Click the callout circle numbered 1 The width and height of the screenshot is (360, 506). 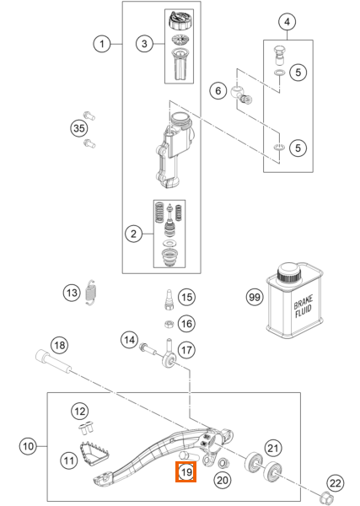[x=102, y=44]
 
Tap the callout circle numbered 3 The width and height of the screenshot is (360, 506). [x=144, y=44]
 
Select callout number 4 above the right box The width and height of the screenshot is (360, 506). [x=287, y=22]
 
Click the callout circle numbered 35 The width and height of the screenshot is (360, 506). [x=79, y=128]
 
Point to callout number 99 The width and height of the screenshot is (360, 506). [x=255, y=297]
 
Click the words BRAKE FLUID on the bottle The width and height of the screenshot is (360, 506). [x=303, y=307]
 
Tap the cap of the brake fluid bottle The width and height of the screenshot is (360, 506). [x=289, y=272]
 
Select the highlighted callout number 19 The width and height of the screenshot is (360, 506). [x=185, y=472]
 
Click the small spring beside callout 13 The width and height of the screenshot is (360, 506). [x=92, y=292]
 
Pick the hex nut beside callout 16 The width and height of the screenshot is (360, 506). [x=169, y=323]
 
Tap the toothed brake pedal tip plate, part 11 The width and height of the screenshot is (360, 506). [x=94, y=454]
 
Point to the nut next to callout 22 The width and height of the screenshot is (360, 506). [x=325, y=495]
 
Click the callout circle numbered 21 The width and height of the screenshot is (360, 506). [x=273, y=448]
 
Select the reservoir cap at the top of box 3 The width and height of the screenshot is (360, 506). [x=180, y=20]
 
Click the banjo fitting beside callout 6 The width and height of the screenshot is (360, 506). [x=241, y=95]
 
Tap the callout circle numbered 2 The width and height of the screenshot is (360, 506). [x=133, y=234]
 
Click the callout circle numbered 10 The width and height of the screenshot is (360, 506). [x=28, y=447]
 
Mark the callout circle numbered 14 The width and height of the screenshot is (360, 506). [x=129, y=340]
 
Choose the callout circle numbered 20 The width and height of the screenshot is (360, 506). [x=223, y=481]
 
